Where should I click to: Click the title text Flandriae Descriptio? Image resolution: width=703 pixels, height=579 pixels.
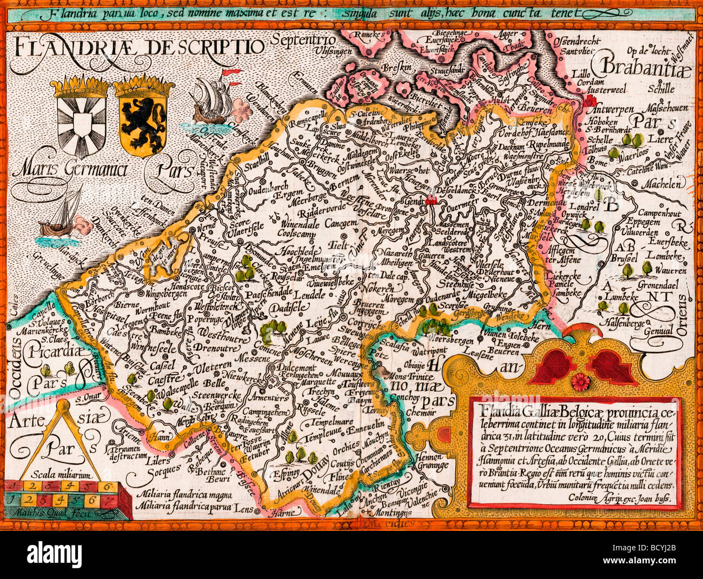point(138,48)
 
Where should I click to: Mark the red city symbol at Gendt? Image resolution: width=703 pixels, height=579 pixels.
point(432,201)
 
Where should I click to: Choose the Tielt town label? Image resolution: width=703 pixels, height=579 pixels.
point(339,245)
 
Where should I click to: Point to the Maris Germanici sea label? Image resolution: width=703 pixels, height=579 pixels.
point(70,170)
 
